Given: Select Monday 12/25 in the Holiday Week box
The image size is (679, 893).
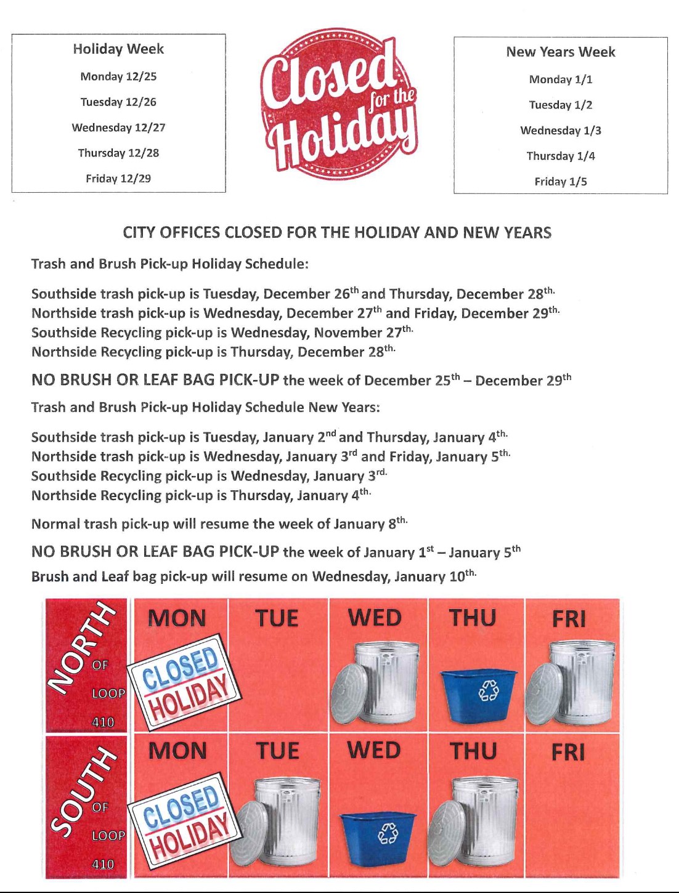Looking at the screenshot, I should pyautogui.click(x=118, y=76).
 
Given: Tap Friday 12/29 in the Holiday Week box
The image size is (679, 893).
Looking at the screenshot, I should pyautogui.click(x=118, y=179).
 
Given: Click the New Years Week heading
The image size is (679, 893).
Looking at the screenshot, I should pyautogui.click(x=560, y=52).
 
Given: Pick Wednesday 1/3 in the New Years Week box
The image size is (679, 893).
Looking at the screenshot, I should pyautogui.click(x=560, y=131).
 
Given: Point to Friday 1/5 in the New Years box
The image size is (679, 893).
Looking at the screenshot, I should pyautogui.click(x=560, y=182).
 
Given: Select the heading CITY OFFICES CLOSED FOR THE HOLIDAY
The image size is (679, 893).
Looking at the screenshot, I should pyautogui.click(x=337, y=233).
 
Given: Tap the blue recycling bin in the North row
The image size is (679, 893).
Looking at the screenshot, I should pyautogui.click(x=478, y=695).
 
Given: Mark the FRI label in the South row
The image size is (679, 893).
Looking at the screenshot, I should pyautogui.click(x=568, y=752).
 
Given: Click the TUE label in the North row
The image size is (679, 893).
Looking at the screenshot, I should pyautogui.click(x=277, y=618).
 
